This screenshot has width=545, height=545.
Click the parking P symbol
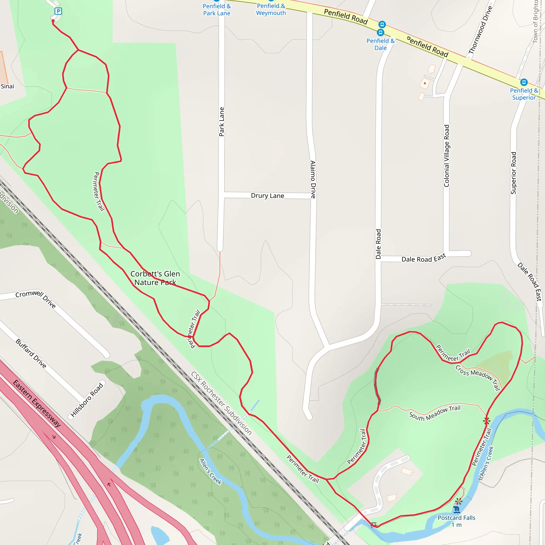pyautogui.click(x=58, y=11)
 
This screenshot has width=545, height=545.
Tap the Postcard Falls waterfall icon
pyautogui.click(x=456, y=510)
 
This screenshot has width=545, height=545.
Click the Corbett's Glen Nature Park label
pyautogui.click(x=155, y=278)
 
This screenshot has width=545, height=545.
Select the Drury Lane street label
pyautogui.click(x=267, y=196)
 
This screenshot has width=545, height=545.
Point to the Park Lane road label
pyautogui.click(x=222, y=122)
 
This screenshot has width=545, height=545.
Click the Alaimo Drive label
pyautogui.click(x=313, y=179)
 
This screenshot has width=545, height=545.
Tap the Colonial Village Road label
pyautogui.click(x=446, y=156)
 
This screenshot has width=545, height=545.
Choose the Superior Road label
pyautogui.click(x=513, y=173)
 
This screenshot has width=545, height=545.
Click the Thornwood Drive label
pyautogui.click(x=480, y=30)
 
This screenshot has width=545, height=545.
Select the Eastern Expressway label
pyautogui.click(x=37, y=403)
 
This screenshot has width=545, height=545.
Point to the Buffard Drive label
pyautogui.click(x=31, y=353)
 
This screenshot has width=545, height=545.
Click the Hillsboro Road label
pyautogui.click(x=87, y=400)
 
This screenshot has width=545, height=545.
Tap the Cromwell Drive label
pyautogui.click(x=36, y=299)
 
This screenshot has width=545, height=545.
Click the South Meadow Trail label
pyautogui.click(x=435, y=413)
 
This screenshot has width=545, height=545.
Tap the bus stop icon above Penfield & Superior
pyautogui.click(x=524, y=82)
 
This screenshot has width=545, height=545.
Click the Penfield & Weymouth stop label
pyautogui.click(x=271, y=10)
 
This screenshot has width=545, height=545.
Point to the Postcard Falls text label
pyautogui.click(x=456, y=521)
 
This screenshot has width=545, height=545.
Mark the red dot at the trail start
pyautogui.click(x=53, y=21)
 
